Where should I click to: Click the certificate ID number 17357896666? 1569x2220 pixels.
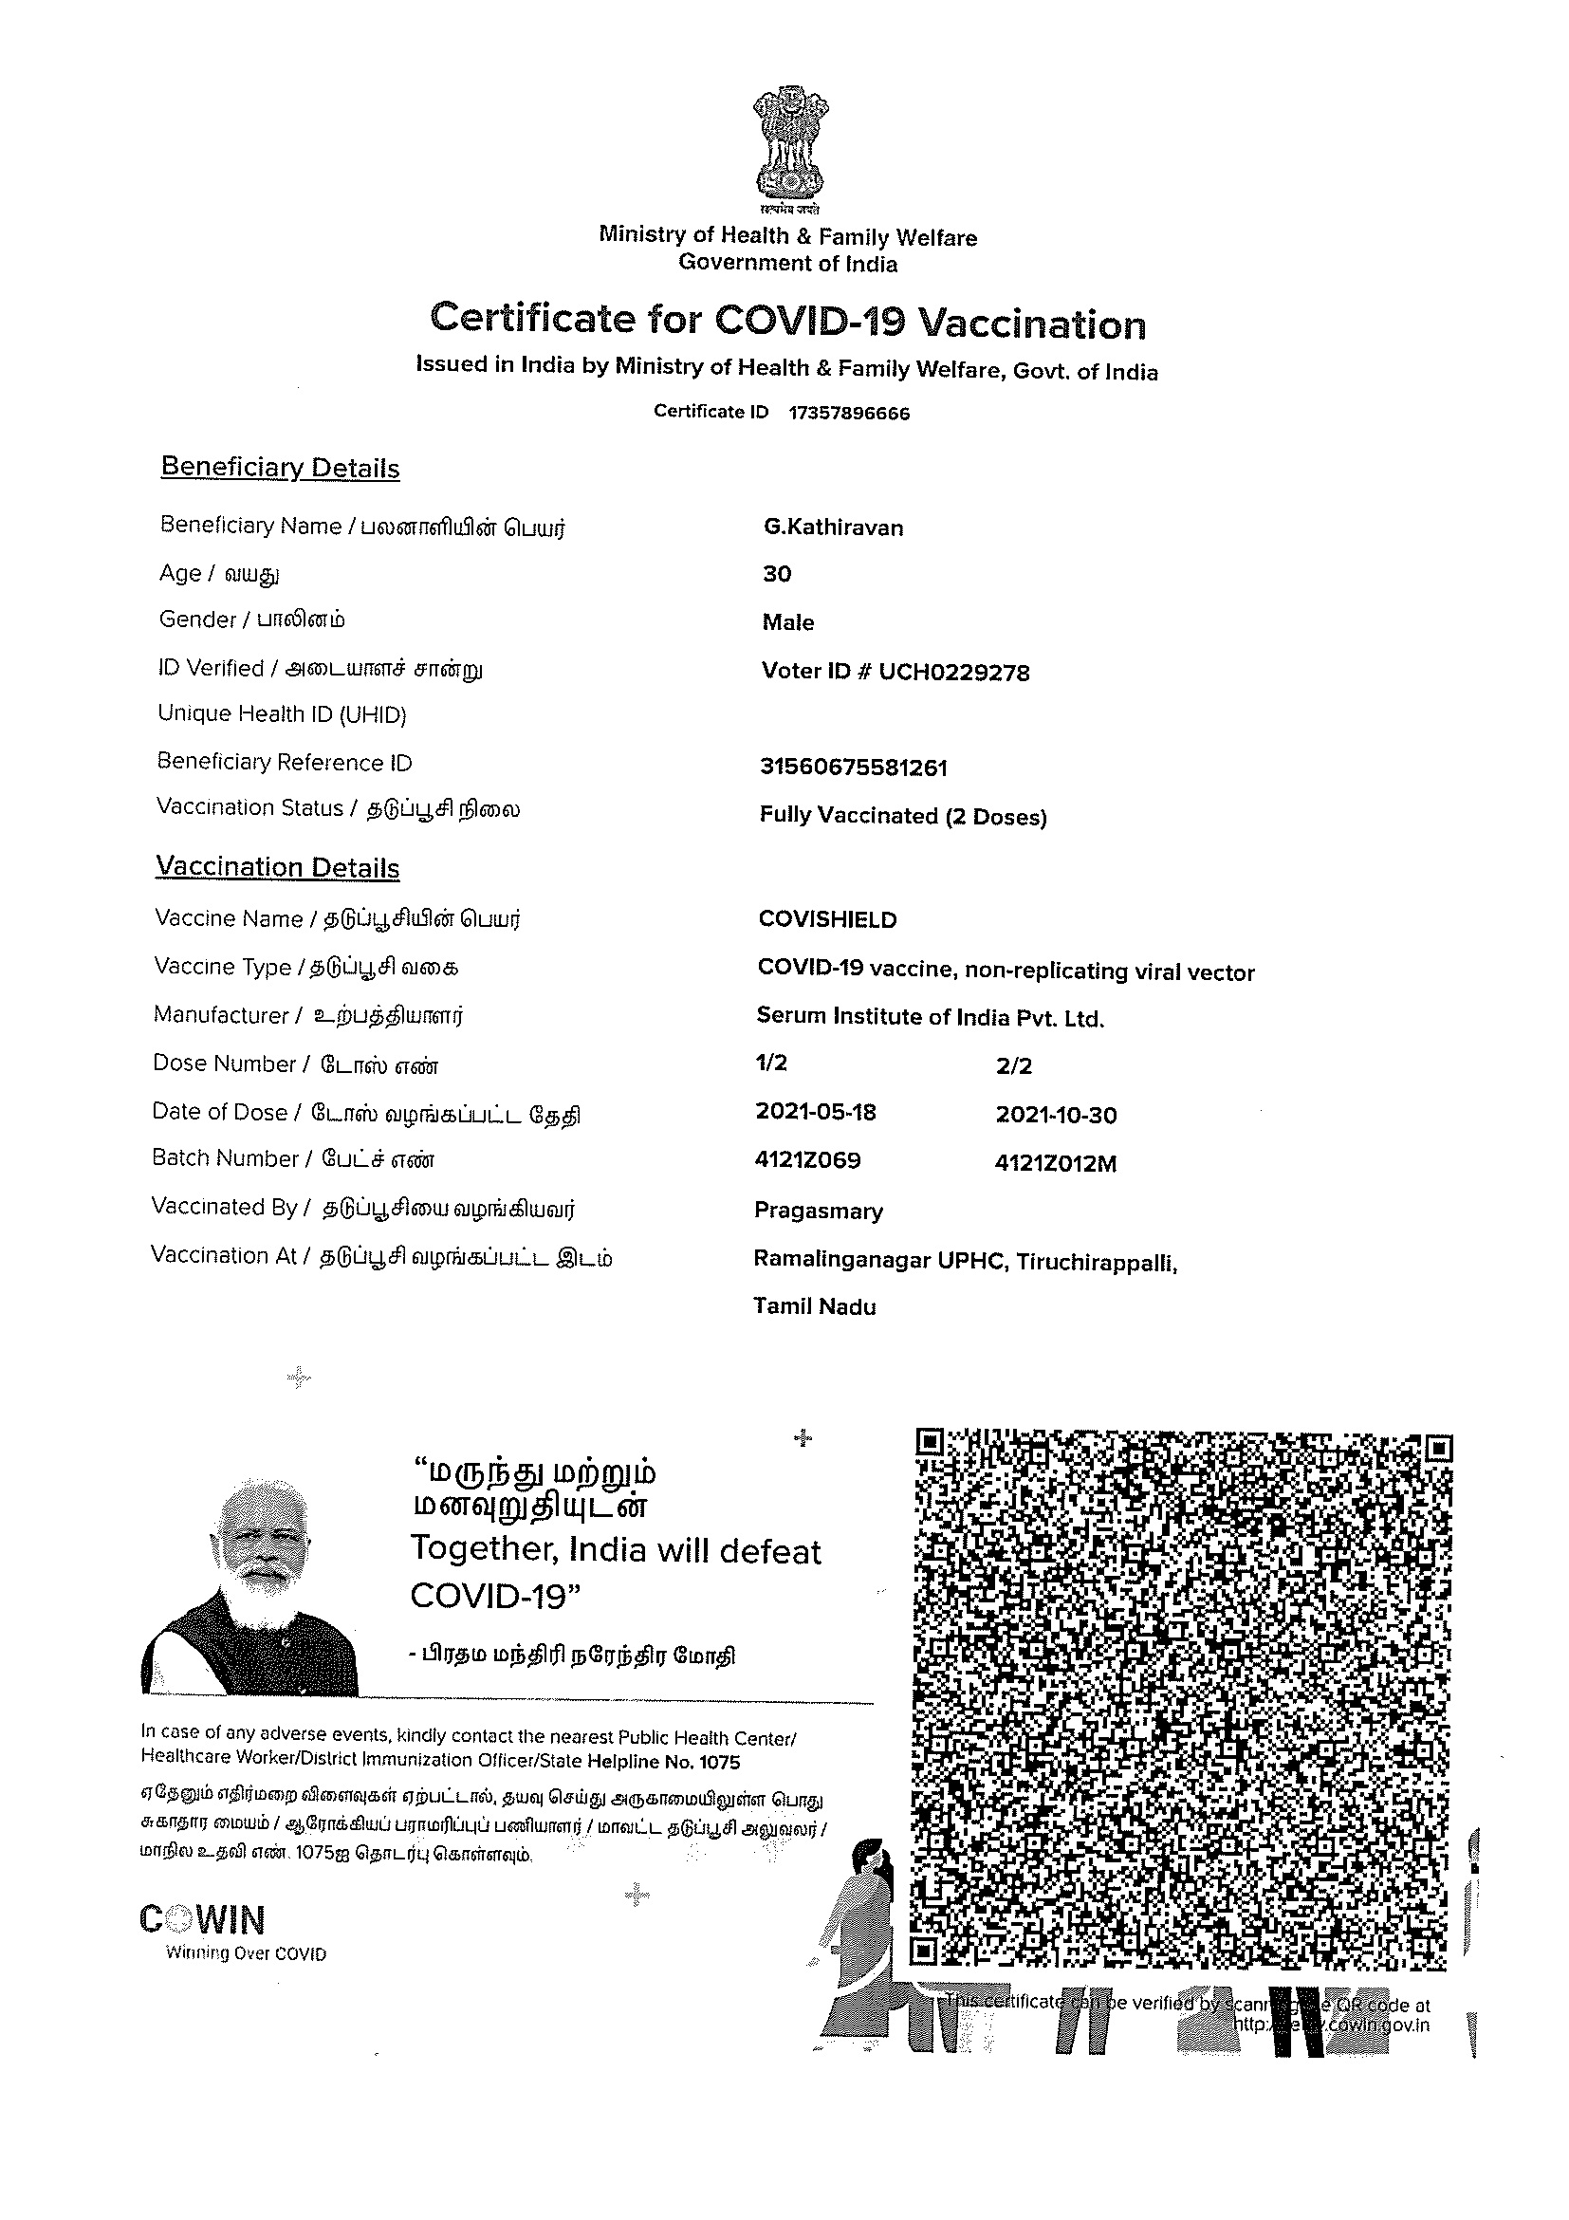pyautogui.click(x=849, y=414)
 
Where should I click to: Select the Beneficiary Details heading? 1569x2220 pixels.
pyautogui.click(x=280, y=468)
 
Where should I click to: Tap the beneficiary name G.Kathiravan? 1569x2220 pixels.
pyautogui.click(x=832, y=527)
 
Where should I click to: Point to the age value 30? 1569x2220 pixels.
pyautogui.click(x=776, y=574)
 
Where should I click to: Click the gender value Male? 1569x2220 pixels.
pyautogui.click(x=788, y=622)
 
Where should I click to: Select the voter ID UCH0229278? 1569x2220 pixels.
pyautogui.click(x=953, y=672)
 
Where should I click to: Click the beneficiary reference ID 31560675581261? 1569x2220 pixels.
pyautogui.click(x=853, y=768)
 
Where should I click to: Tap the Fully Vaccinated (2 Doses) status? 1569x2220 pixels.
pyautogui.click(x=902, y=816)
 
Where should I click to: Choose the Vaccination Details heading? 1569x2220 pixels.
pyautogui.click(x=277, y=867)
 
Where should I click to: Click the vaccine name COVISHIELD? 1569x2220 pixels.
pyautogui.click(x=826, y=919)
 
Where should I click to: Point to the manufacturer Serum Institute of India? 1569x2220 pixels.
pyautogui.click(x=929, y=1017)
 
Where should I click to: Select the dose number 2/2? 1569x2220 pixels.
pyautogui.click(x=1013, y=1066)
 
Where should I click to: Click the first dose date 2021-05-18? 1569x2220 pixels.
pyautogui.click(x=815, y=1112)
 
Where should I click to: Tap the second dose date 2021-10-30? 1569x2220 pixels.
pyautogui.click(x=1056, y=1115)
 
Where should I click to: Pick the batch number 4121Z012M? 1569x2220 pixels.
pyautogui.click(x=1055, y=1164)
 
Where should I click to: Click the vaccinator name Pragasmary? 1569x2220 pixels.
pyautogui.click(x=818, y=1212)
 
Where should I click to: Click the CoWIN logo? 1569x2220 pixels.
pyautogui.click(x=202, y=1920)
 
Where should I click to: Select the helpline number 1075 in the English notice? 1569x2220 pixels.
pyautogui.click(x=720, y=1762)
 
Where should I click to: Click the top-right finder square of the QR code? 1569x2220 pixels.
pyautogui.click(x=1438, y=1449)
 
